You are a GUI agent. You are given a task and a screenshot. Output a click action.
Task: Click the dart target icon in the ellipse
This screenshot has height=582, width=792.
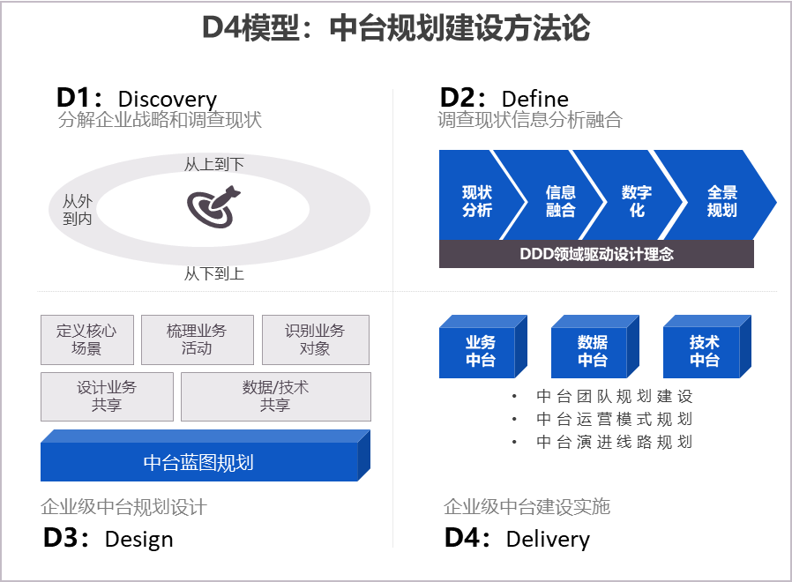click(213, 207)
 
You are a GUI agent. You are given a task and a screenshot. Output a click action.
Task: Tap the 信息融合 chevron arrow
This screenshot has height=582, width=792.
click(555, 195)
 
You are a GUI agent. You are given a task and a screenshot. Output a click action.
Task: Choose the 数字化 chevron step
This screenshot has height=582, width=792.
click(634, 195)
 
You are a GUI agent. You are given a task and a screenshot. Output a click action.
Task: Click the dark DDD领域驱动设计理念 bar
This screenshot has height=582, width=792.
click(596, 254)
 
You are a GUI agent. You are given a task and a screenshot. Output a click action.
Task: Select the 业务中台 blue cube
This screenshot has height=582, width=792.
click(483, 347)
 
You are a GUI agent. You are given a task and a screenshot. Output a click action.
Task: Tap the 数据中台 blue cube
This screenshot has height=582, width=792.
click(595, 347)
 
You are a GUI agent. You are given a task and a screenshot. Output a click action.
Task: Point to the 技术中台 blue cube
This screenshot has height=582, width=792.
click(707, 347)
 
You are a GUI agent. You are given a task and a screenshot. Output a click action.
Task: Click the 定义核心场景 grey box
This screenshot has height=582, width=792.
click(87, 339)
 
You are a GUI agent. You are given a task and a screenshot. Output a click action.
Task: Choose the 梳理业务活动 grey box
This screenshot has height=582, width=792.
click(197, 339)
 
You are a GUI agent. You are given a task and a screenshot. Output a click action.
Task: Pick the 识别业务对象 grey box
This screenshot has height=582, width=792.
click(315, 339)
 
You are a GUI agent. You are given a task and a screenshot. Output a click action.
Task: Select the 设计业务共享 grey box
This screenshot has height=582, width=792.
click(107, 397)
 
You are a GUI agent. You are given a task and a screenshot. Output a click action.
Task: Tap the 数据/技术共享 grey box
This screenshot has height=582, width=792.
click(276, 397)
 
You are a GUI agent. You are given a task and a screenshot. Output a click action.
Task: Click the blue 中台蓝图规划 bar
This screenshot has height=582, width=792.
click(205, 456)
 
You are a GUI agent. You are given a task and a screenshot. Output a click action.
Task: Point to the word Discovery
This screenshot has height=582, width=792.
click(168, 100)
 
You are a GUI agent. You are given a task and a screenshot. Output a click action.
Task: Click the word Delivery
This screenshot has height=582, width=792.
click(548, 539)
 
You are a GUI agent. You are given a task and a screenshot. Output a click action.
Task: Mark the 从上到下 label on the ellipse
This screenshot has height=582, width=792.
click(214, 164)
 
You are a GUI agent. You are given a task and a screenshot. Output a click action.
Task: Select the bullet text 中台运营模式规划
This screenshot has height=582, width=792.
click(614, 419)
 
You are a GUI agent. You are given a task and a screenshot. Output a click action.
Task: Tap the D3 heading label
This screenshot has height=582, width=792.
click(65, 538)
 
